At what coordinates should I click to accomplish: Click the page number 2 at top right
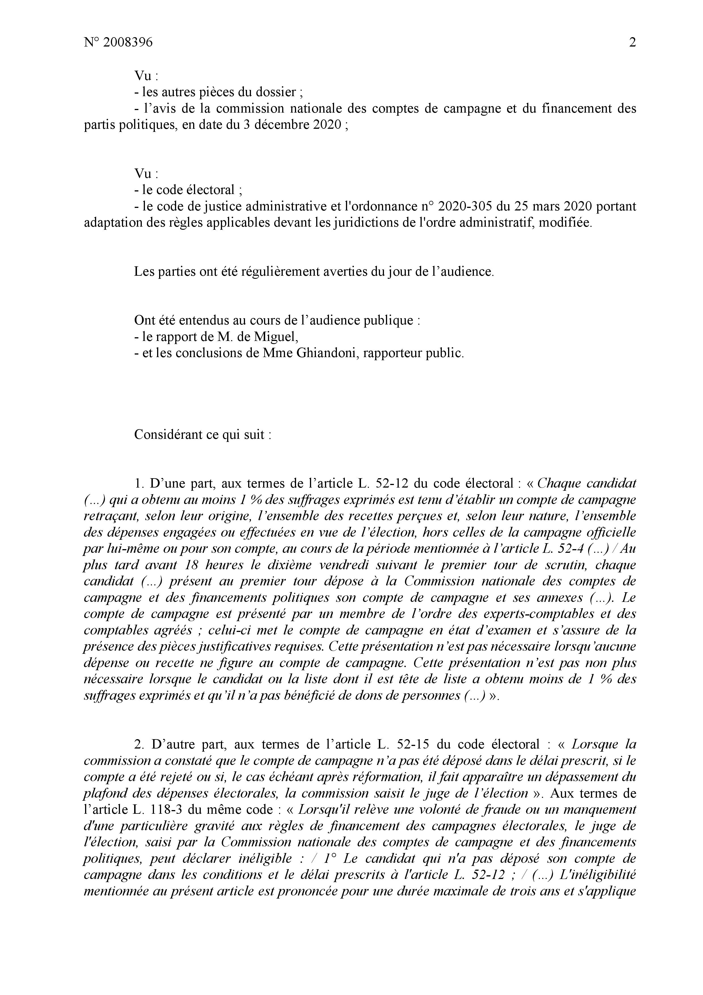[632, 43]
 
